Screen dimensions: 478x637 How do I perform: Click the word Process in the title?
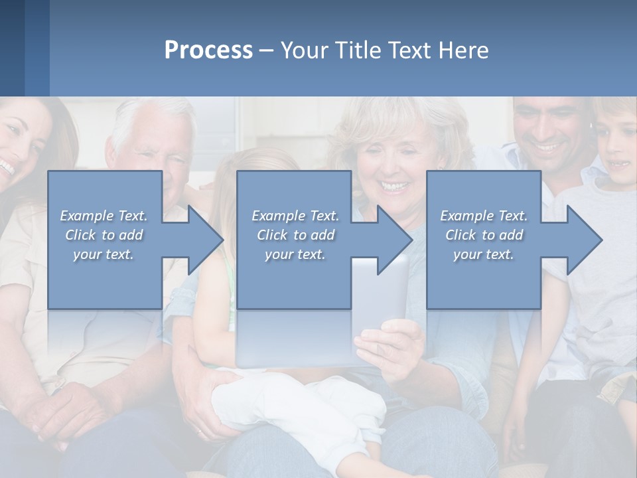pos(208,50)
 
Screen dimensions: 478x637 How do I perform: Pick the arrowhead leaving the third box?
pos(584,240)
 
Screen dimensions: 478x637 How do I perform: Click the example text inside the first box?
pos(104,235)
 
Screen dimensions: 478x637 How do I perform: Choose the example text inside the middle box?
pos(295,235)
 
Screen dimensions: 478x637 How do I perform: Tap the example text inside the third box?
pos(484,235)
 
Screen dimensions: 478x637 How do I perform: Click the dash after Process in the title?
pos(266,51)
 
